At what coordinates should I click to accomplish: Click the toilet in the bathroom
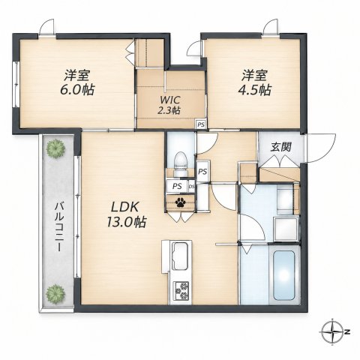tap(181, 163)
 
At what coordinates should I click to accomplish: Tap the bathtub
tap(283, 275)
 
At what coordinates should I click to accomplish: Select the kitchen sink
tap(181, 256)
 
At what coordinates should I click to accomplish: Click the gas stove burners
tap(181, 290)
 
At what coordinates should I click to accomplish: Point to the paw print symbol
tap(180, 202)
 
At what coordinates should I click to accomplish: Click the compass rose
tap(331, 332)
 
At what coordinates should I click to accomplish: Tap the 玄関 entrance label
tap(281, 147)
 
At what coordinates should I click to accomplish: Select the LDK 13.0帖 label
tap(126, 214)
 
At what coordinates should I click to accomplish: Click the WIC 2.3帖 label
tap(169, 105)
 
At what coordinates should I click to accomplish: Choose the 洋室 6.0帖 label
tap(77, 82)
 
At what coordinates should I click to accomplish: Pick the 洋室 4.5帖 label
tap(254, 82)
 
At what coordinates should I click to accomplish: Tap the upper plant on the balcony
tap(55, 149)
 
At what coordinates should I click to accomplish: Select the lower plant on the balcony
tap(55, 294)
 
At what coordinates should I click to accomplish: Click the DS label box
tap(192, 186)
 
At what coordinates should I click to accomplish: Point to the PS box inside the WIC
tap(200, 124)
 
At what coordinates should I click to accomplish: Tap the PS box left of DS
tap(177, 187)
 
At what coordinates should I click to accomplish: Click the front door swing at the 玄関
tap(321, 148)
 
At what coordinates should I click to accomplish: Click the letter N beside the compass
tap(347, 332)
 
